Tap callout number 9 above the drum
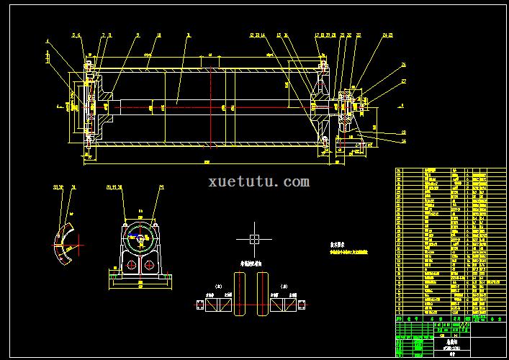click(x=138, y=35)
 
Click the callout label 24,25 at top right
click(x=387, y=35)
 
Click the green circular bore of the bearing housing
click(x=140, y=235)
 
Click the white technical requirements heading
click(x=339, y=244)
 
